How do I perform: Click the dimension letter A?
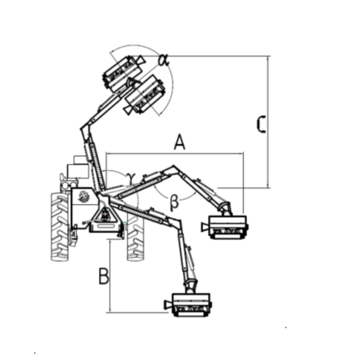point(179,142)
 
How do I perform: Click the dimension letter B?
point(104,276)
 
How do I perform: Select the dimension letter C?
point(261,124)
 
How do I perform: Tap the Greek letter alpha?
point(164,60)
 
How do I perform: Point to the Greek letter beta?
point(175,202)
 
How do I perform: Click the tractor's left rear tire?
point(60,226)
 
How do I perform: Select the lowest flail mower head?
point(188,304)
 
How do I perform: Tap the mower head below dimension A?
point(225,227)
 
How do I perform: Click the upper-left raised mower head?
point(124,73)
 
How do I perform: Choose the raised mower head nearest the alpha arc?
point(144,95)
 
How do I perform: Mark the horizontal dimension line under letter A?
point(175,154)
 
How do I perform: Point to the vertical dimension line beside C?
point(268,122)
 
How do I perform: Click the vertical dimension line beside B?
point(110,276)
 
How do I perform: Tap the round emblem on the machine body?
point(83,196)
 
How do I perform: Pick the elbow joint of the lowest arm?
point(177,222)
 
